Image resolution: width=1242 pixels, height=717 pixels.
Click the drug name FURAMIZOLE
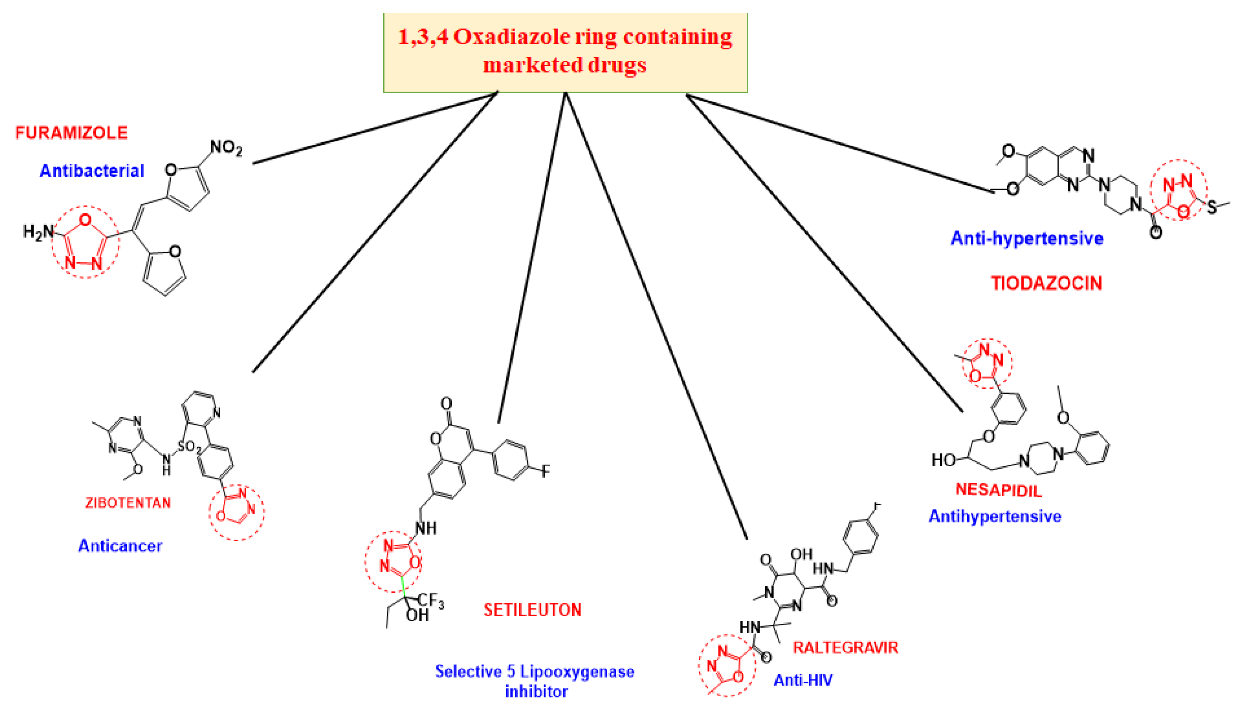pyautogui.click(x=72, y=132)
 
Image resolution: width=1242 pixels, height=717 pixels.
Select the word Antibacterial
pyautogui.click(x=92, y=171)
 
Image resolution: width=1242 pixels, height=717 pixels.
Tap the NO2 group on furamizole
pyautogui.click(x=226, y=147)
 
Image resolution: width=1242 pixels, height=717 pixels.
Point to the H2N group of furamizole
pyautogui.click(x=38, y=232)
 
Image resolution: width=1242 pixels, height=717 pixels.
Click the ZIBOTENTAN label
pyautogui.click(x=128, y=503)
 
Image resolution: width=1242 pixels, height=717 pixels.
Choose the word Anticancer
pyautogui.click(x=120, y=546)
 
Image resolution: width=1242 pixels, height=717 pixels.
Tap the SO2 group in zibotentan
pyautogui.click(x=189, y=447)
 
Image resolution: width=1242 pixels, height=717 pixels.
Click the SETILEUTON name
pyautogui.click(x=532, y=610)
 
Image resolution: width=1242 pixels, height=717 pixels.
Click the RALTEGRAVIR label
pyautogui.click(x=845, y=647)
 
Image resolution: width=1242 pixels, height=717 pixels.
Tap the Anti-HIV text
pyautogui.click(x=803, y=680)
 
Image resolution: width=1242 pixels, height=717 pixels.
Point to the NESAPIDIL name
pyautogui.click(x=998, y=490)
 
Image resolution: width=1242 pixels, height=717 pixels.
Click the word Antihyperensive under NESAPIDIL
pyautogui.click(x=995, y=516)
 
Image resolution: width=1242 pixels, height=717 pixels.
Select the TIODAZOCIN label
pyautogui.click(x=1047, y=283)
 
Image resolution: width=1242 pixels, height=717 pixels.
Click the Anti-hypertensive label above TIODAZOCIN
pyautogui.click(x=1027, y=238)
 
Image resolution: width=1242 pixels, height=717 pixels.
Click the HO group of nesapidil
pyautogui.click(x=943, y=460)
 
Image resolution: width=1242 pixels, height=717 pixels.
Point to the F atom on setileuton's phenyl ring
pyautogui.click(x=545, y=471)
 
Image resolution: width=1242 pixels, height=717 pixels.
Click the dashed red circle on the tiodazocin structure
pyautogui.click(x=1178, y=189)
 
